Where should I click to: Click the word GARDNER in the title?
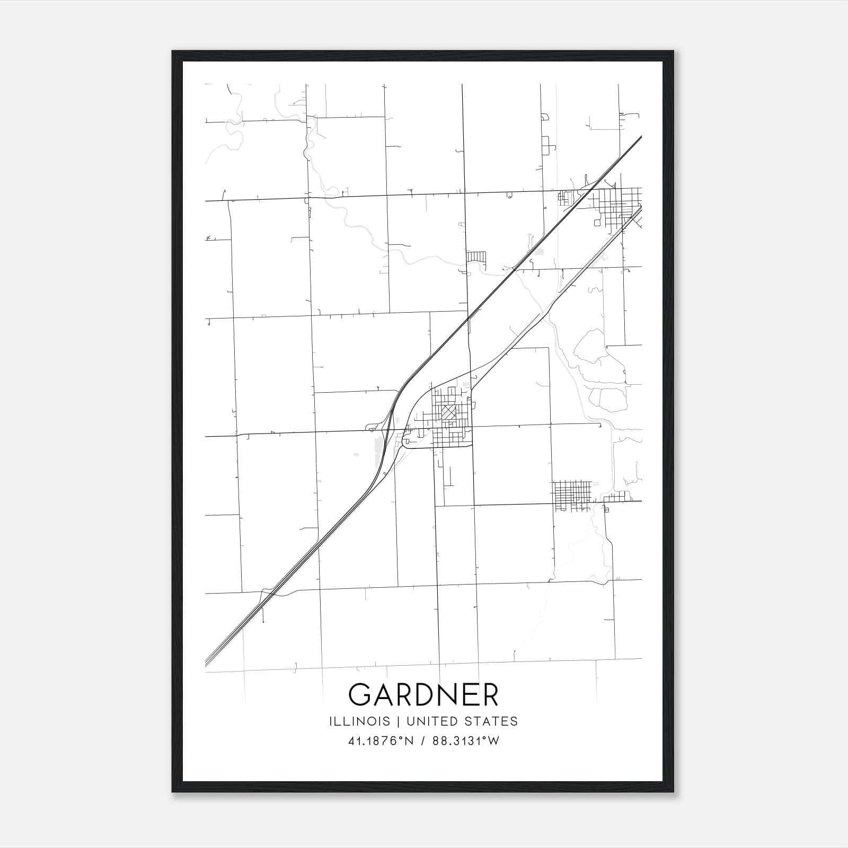[423, 694]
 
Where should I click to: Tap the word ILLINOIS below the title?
[359, 721]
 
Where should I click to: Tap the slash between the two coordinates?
[423, 741]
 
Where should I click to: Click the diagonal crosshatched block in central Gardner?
[449, 412]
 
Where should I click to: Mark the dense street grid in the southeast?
[571, 494]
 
